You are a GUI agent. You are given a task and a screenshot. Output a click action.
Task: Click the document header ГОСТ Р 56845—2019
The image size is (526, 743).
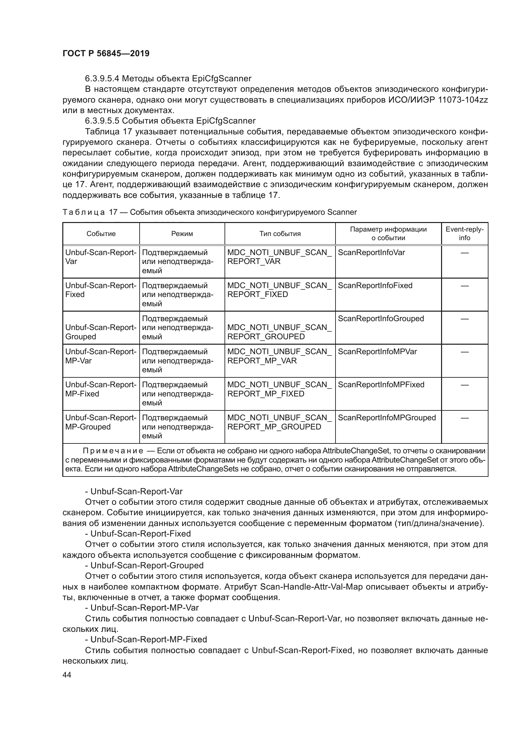pyautogui.click(x=106, y=53)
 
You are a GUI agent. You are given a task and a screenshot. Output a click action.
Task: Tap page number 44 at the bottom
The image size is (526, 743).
pyautogui.click(x=67, y=675)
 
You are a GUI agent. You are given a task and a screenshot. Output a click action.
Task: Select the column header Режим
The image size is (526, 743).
pyautogui.click(x=182, y=234)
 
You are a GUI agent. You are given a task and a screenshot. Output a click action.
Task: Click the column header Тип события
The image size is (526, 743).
pyautogui.click(x=280, y=234)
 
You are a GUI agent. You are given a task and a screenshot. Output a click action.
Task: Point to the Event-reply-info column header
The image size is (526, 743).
pyautogui.click(x=464, y=233)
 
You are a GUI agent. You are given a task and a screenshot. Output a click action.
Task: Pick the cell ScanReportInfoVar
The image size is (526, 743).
pyautogui.click(x=371, y=253)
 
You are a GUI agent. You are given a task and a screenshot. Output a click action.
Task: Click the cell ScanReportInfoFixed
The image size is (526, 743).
pyautogui.click(x=375, y=286)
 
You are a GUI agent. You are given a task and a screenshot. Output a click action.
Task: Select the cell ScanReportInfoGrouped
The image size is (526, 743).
pyautogui.click(x=381, y=318)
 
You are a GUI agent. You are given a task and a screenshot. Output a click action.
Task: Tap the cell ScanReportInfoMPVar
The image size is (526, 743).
pyautogui.click(x=377, y=351)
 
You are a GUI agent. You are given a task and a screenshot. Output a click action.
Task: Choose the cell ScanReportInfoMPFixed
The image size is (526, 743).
pyautogui.click(x=381, y=384)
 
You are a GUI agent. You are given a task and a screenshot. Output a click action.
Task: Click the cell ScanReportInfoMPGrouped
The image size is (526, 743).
pyautogui.click(x=387, y=417)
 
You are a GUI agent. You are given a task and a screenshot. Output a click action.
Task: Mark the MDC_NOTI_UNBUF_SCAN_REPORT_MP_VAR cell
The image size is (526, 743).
pyautogui.click(x=279, y=356)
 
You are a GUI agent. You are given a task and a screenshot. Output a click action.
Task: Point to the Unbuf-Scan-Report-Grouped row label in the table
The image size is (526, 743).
pyautogui.click(x=101, y=332)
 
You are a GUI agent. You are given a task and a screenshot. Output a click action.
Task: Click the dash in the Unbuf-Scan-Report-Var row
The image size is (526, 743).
pyautogui.click(x=464, y=253)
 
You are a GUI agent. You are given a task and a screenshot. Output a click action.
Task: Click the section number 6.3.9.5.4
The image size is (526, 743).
pyautogui.click(x=102, y=79)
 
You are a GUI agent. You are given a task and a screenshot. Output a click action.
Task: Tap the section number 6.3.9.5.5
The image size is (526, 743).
pyautogui.click(x=102, y=121)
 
